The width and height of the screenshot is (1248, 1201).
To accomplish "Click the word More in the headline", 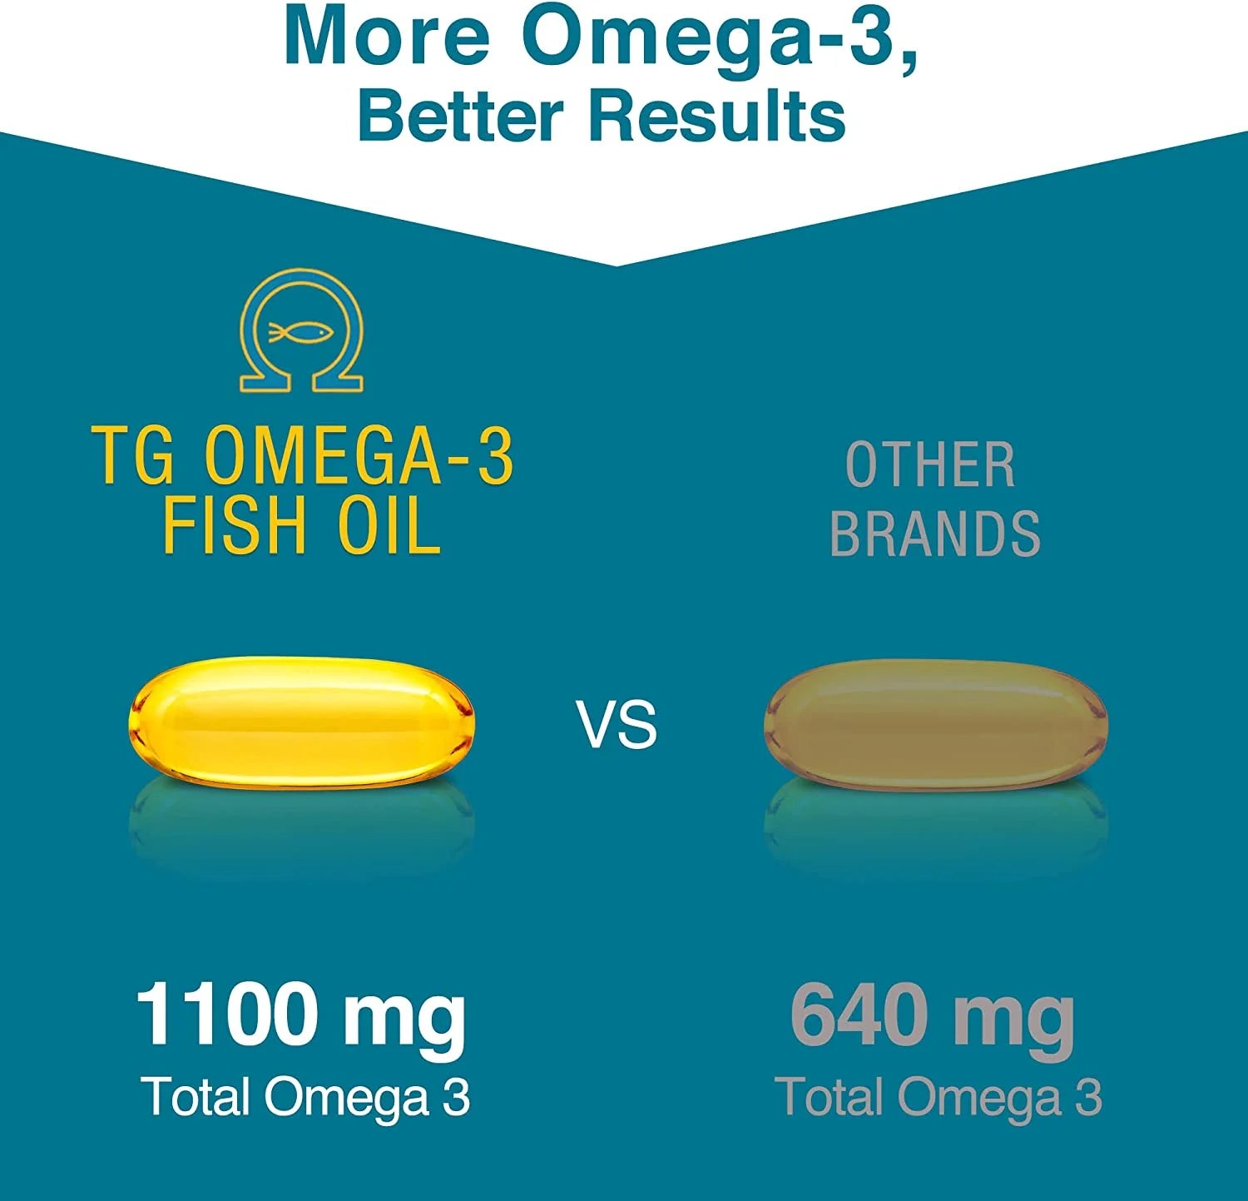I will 387,37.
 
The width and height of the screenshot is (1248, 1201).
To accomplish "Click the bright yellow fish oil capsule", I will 301,722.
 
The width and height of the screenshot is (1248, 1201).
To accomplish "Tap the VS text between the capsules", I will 617,724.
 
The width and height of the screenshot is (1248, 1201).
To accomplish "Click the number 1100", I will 228,1013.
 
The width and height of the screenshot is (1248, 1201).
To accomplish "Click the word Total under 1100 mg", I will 197,1096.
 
